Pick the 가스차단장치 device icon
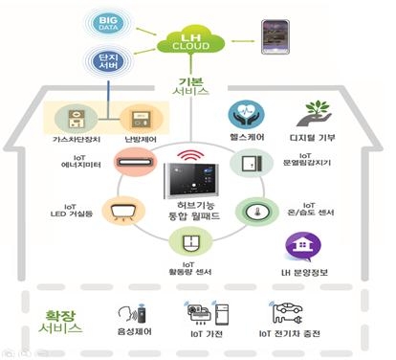click(x=76, y=120)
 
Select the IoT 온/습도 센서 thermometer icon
click(x=258, y=210)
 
